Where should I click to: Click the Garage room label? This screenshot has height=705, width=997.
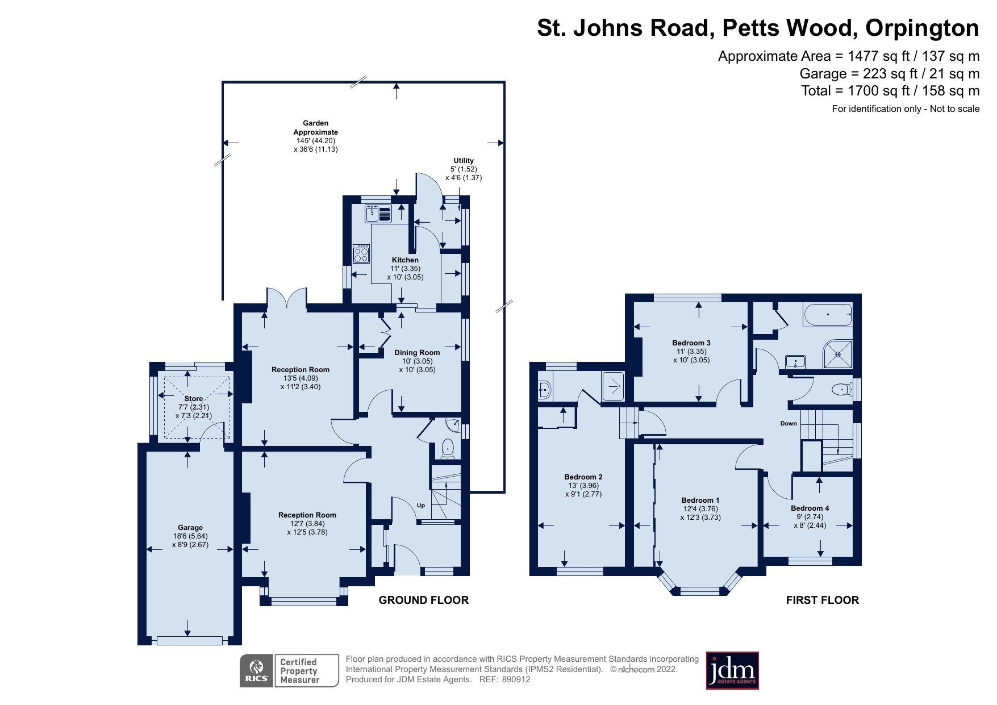190,528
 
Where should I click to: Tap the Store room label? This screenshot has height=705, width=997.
193,399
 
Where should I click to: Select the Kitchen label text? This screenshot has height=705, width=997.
405,260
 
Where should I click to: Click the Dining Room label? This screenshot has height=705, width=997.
417,353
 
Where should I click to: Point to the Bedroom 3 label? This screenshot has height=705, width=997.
691,343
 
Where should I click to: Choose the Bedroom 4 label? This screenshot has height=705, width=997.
810,508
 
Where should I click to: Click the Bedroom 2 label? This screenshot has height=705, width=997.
583,477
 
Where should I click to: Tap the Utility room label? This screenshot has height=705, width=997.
464,161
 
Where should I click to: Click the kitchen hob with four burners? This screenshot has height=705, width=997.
361,253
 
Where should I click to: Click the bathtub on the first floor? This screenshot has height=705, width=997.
828,315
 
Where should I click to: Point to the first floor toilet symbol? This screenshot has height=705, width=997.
841,390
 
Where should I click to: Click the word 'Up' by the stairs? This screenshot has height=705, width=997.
421,505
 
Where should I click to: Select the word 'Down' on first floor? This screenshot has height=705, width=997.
789,424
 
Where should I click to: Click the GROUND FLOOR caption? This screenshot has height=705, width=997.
423,600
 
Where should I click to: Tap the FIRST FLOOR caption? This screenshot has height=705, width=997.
822,600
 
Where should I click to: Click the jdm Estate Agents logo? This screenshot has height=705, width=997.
732,670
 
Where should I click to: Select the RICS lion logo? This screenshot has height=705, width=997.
257,671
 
